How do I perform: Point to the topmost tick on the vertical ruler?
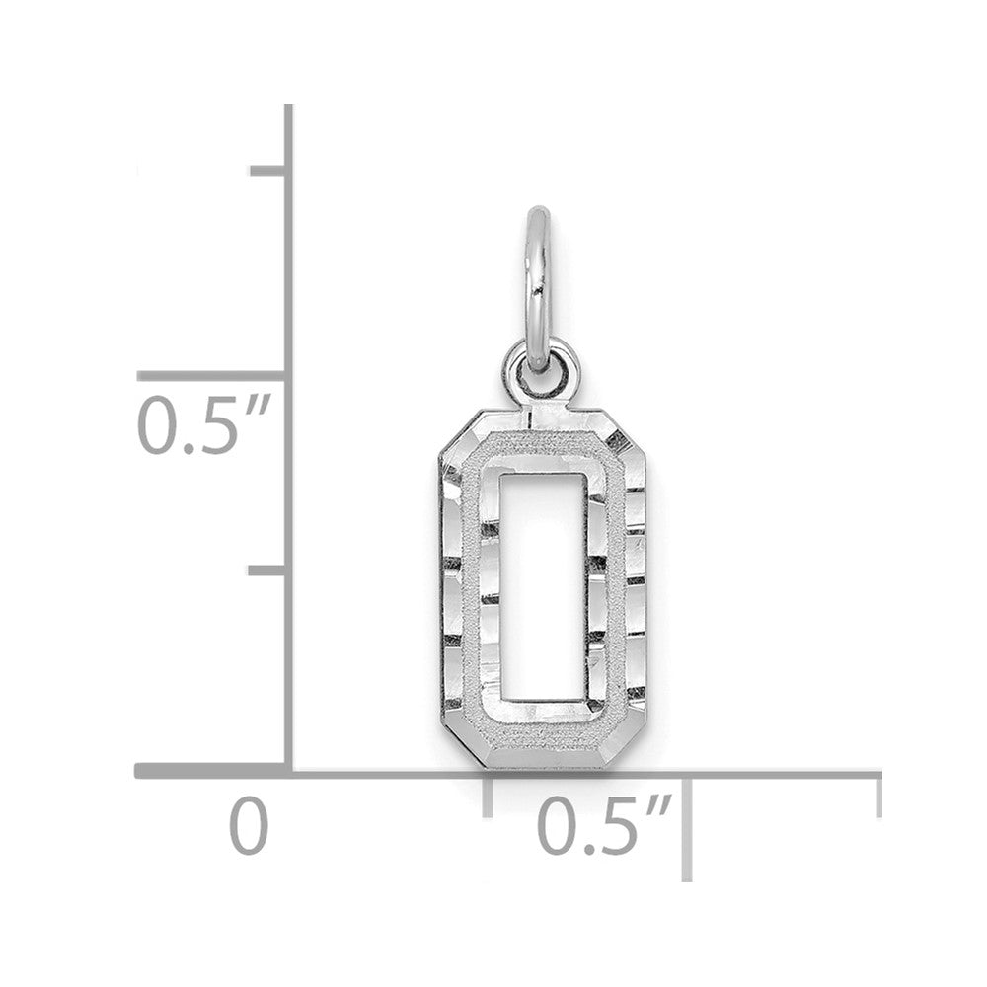[268, 171]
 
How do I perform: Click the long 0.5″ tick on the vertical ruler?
[212, 376]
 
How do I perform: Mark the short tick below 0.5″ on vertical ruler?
[268, 570]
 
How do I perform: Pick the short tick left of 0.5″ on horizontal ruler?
[488, 795]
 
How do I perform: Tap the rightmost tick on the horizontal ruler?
[877, 795]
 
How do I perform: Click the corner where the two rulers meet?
[288, 771]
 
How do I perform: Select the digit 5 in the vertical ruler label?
[213, 425]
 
